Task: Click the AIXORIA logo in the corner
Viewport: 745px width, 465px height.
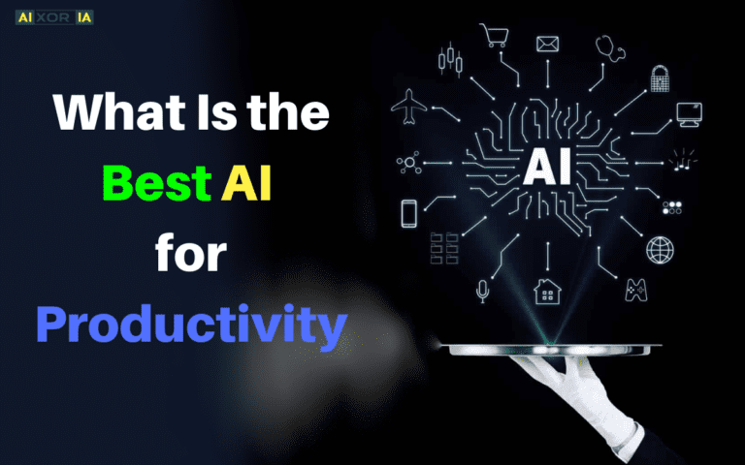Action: (54, 17)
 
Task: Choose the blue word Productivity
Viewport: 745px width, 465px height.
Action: (191, 325)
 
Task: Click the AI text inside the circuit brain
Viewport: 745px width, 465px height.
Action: (547, 167)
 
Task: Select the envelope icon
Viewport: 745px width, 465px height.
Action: (548, 44)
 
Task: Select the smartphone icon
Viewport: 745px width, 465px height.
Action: (409, 211)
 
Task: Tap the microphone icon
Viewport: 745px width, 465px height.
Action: (482, 290)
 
